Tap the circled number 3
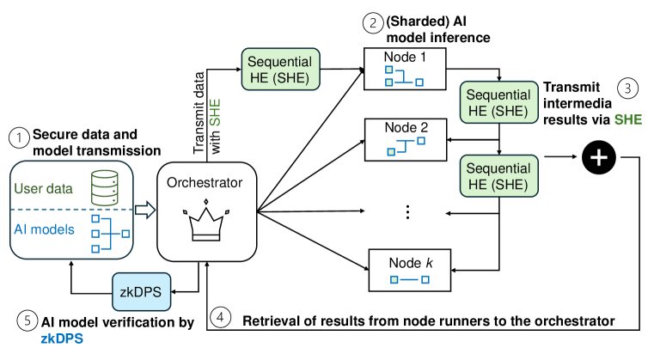628,88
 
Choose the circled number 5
29,321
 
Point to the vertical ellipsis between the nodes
405,211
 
